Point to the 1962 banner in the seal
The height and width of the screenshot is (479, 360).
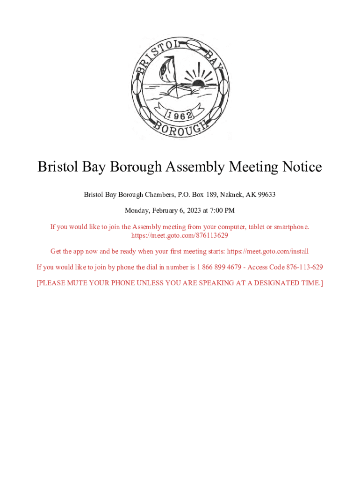point(179,115)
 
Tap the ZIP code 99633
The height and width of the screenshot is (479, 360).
point(266,194)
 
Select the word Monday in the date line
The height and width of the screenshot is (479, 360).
point(136,210)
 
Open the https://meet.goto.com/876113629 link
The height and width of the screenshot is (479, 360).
point(180,235)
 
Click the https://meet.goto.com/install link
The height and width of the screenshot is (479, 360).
point(268,251)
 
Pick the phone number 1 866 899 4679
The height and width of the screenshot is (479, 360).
point(219,267)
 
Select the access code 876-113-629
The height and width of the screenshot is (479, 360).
point(304,267)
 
